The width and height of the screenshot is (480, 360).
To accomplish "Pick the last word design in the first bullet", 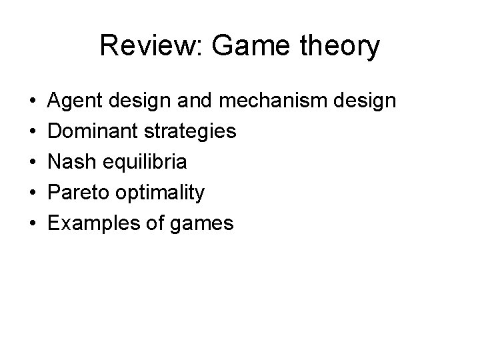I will point(365,101).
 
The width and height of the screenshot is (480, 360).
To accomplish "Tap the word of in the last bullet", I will point(155,223).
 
